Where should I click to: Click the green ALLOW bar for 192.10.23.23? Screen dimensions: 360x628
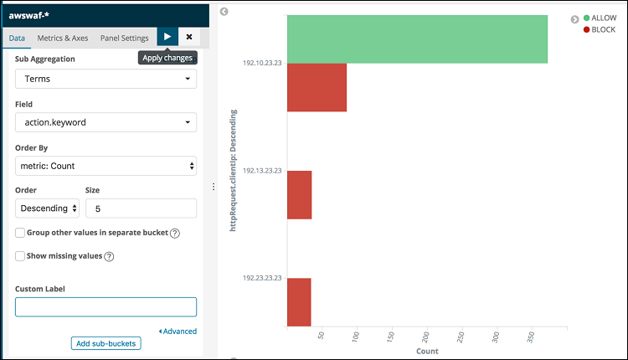[x=417, y=39]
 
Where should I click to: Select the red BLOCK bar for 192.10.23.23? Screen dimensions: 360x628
[x=317, y=87]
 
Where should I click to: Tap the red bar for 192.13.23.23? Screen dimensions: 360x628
[x=299, y=195]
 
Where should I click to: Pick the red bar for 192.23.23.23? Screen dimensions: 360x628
[x=299, y=302]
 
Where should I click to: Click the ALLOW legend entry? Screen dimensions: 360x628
[x=599, y=18]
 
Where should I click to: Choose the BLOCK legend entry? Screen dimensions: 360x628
[x=599, y=29]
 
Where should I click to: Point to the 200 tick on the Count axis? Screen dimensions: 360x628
[x=427, y=336]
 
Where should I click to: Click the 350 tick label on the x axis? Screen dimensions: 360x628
[x=532, y=336]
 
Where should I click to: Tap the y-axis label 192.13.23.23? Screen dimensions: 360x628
[x=262, y=170]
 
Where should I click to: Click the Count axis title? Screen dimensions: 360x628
[x=427, y=352]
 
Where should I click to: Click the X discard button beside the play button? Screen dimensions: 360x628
[x=189, y=37]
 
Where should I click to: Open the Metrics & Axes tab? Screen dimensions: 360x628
[x=63, y=38]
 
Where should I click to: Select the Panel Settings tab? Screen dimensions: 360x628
[x=124, y=38]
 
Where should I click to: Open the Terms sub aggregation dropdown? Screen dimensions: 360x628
[x=106, y=79]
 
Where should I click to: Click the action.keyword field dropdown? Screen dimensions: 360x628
[x=106, y=122]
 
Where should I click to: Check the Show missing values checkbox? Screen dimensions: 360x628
[x=19, y=256]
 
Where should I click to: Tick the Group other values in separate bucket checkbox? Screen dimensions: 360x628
[x=19, y=233]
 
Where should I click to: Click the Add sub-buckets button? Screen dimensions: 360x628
[x=106, y=343]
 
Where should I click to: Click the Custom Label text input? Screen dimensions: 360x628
[x=106, y=306]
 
